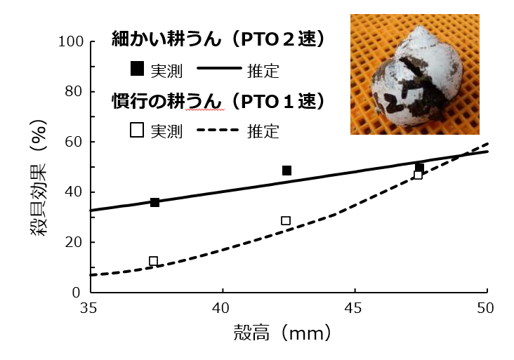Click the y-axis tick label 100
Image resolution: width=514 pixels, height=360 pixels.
70,41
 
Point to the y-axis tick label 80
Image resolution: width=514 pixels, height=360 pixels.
73,92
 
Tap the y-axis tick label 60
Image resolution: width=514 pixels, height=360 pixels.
73,142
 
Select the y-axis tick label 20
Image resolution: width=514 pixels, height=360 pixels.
73,242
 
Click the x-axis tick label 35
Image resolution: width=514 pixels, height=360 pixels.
88,308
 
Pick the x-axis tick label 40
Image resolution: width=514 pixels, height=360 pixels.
222,308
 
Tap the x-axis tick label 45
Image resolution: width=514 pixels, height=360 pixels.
355,308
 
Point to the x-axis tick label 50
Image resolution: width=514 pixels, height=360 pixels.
487,308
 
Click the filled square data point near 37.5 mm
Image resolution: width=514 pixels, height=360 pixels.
154,202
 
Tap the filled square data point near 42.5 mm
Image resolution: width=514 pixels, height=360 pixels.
286,171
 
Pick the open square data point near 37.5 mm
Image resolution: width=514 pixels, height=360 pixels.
154,261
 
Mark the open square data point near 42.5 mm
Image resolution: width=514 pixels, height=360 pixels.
286,220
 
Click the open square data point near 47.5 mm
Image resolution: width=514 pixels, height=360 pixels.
418,175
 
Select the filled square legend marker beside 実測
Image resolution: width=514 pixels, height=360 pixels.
137,68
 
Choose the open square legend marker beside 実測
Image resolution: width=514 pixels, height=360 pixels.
137,130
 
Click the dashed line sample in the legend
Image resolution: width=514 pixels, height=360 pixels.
218,130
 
